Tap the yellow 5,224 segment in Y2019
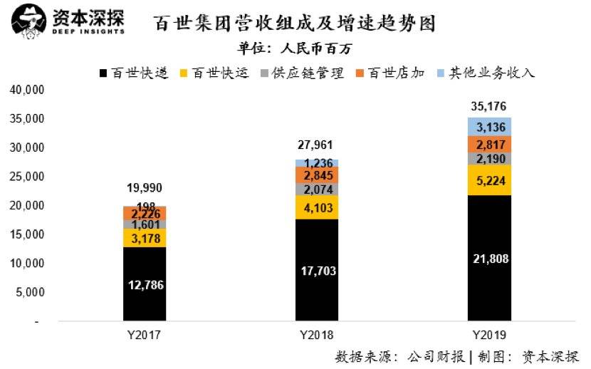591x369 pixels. tap(490, 180)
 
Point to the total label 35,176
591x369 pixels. tap(489, 107)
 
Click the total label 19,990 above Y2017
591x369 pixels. tap(145, 188)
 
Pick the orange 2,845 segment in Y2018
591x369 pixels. tap(317, 175)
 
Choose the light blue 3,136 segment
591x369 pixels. tap(490, 127)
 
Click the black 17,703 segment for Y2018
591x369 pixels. tap(317, 271)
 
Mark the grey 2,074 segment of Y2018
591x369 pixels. tap(317, 189)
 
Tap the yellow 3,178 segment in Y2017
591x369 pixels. tap(145, 238)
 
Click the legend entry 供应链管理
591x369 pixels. tap(303, 73)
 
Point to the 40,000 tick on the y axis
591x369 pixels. tap(27, 90)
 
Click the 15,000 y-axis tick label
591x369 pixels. tap(27, 234)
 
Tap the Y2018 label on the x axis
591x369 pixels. tap(317, 334)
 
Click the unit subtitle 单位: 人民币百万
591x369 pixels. tap(295, 49)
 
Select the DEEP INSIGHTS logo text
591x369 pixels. tap(88, 32)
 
